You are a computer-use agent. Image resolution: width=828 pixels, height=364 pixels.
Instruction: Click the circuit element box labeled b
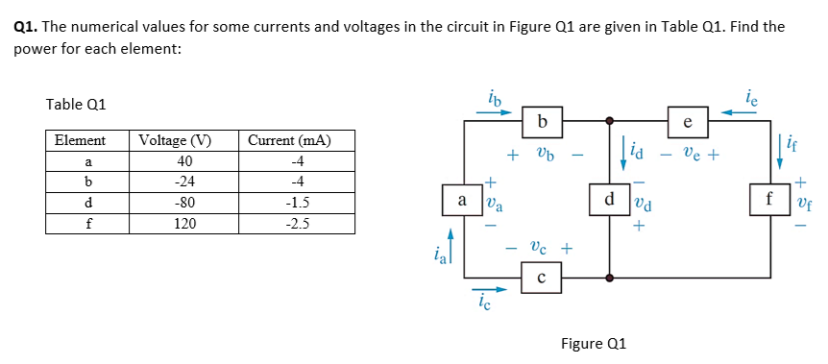pyautogui.click(x=544, y=122)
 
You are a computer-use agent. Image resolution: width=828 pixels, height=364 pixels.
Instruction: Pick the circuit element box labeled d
pyautogui.click(x=609, y=202)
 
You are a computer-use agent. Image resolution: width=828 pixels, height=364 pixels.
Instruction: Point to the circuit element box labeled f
pyautogui.click(x=767, y=202)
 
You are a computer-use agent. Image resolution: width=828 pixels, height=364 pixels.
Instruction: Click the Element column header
pyautogui.click(x=81, y=141)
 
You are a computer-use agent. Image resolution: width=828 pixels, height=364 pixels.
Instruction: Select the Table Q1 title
pyautogui.click(x=76, y=104)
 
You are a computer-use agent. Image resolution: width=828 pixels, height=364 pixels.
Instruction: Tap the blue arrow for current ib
pyautogui.click(x=494, y=110)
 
